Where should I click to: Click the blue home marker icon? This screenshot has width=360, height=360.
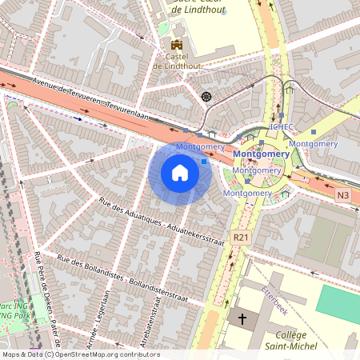point(180,172)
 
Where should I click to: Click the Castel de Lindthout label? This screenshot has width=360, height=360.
point(175,61)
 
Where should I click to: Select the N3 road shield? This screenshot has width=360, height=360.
point(342,195)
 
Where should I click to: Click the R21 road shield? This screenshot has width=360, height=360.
point(240,238)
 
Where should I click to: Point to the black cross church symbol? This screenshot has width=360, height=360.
point(242,319)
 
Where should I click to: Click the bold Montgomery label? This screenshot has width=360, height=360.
point(261,154)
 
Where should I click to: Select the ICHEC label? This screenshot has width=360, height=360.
point(282,126)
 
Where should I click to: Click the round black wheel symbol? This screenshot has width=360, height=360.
point(206,97)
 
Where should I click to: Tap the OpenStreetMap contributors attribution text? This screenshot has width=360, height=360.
point(80,354)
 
